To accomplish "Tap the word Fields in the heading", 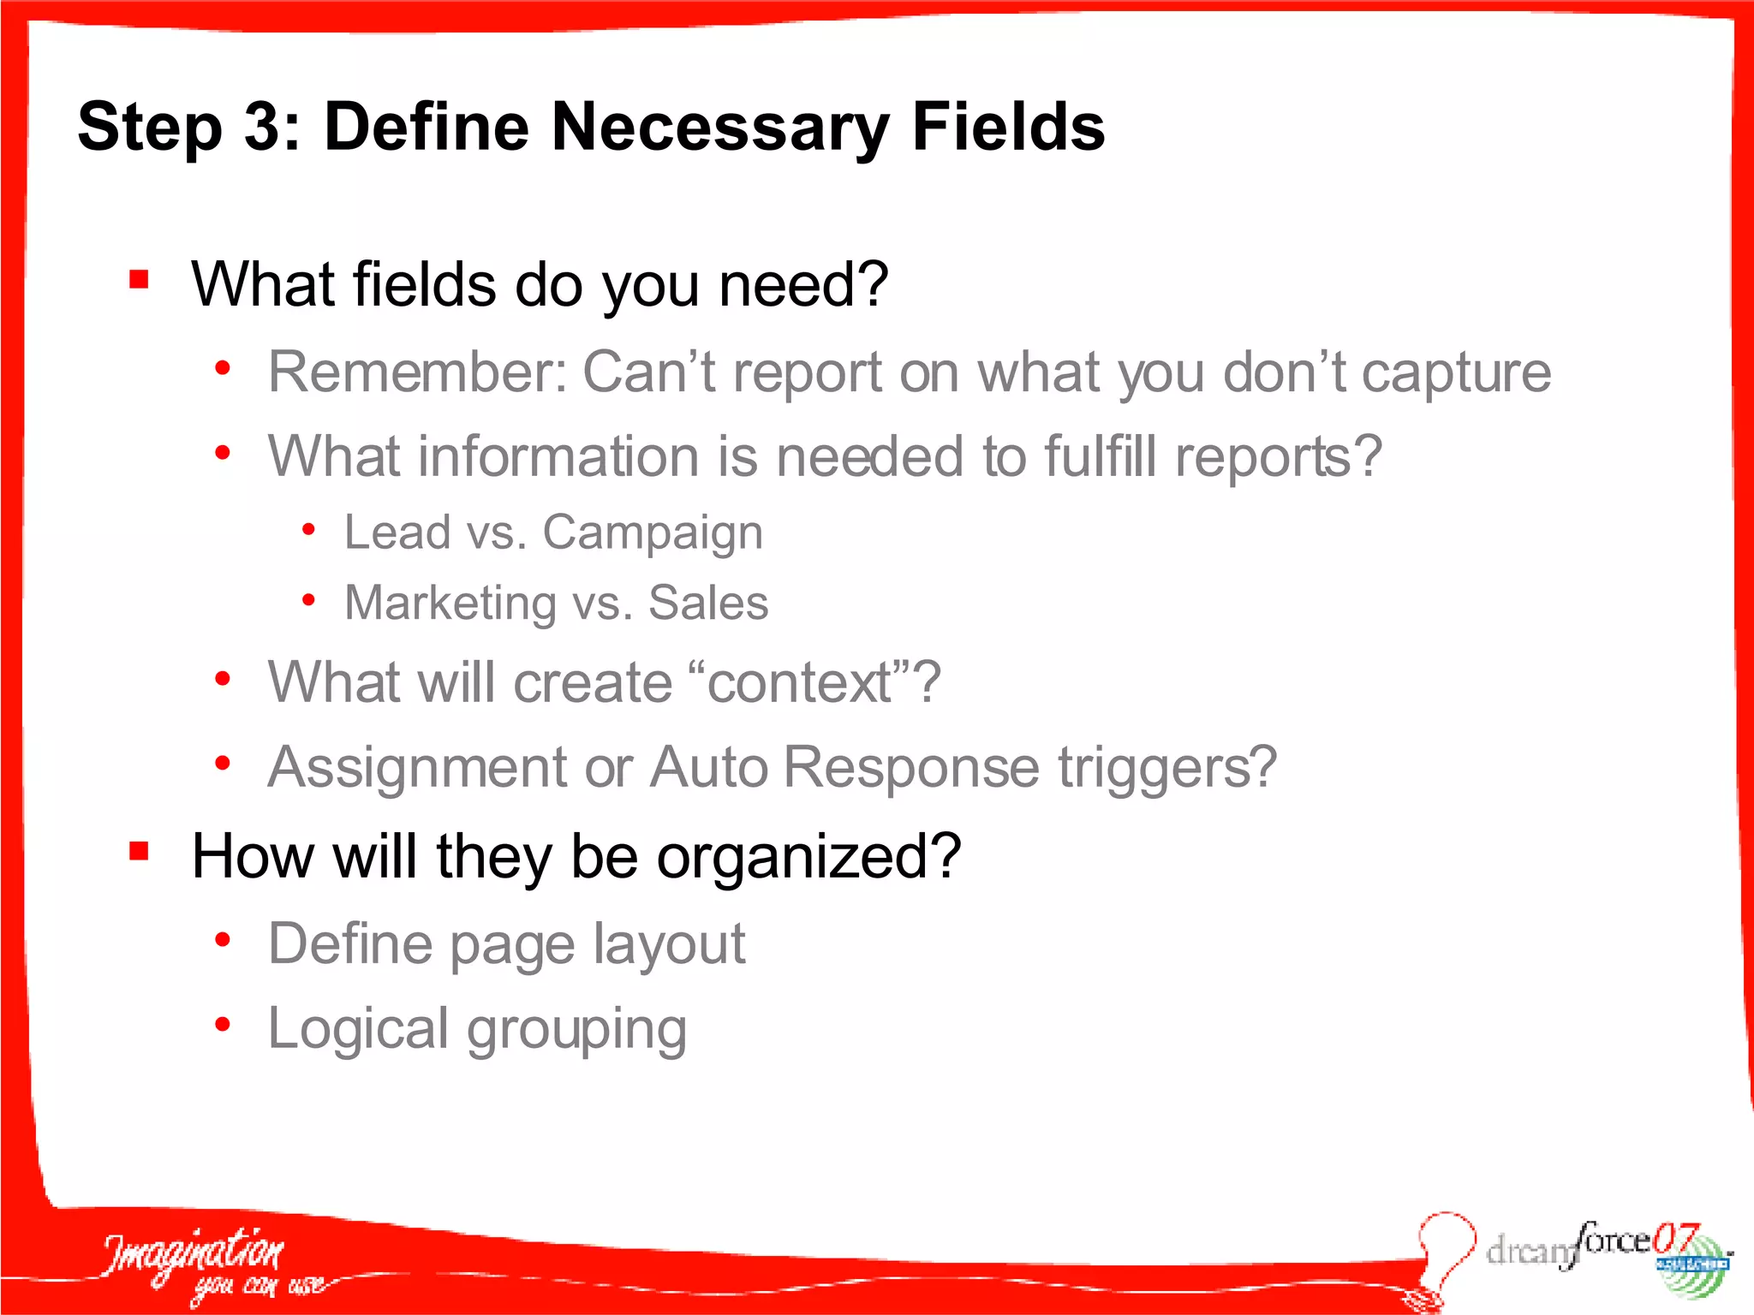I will tap(1008, 127).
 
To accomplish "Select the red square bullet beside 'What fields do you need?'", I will tap(140, 280).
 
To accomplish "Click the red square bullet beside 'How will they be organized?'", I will tap(140, 851).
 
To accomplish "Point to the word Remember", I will tap(416, 372).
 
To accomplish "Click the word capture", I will tap(1456, 374).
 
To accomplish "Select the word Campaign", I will tap(653, 533).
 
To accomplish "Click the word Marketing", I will tap(450, 603).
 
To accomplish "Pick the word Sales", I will tap(708, 603).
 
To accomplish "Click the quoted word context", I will tap(800, 683).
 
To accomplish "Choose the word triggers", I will tap(1166, 767).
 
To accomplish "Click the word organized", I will tap(809, 856).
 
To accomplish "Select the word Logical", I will tap(358, 1029).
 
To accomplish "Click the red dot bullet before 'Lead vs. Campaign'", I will tap(308, 530).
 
